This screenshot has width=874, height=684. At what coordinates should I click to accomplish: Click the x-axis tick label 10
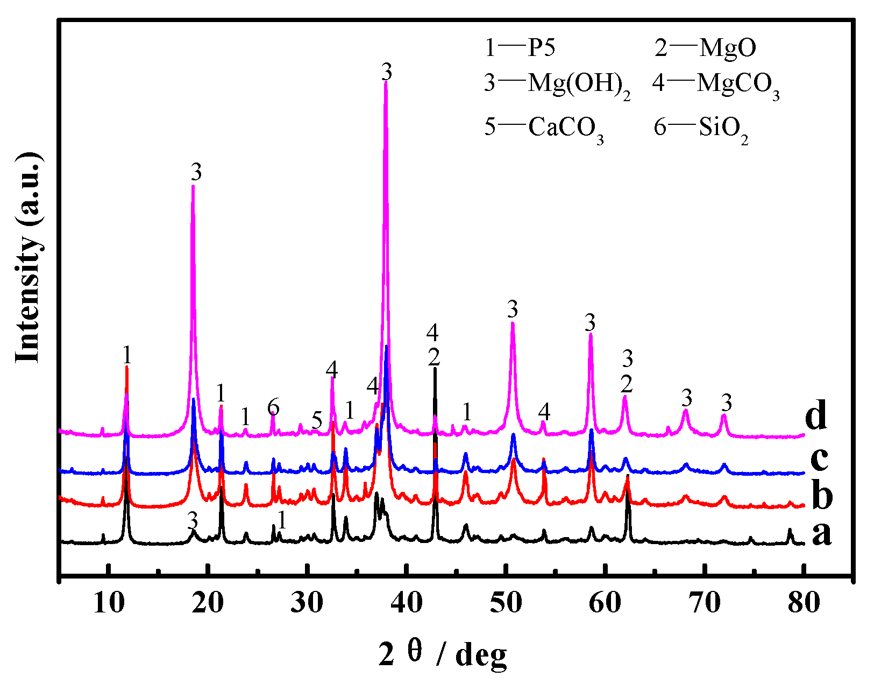(108, 603)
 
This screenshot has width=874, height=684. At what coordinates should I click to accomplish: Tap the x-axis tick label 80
(804, 603)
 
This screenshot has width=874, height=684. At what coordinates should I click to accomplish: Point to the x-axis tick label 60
(605, 603)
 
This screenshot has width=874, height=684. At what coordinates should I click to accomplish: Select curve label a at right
(821, 534)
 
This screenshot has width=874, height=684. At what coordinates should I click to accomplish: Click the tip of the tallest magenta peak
(386, 82)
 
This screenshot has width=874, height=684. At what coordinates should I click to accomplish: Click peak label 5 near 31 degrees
(317, 420)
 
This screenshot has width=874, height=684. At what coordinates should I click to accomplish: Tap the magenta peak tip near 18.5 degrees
(193, 186)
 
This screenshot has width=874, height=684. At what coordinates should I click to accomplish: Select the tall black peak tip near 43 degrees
(435, 369)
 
